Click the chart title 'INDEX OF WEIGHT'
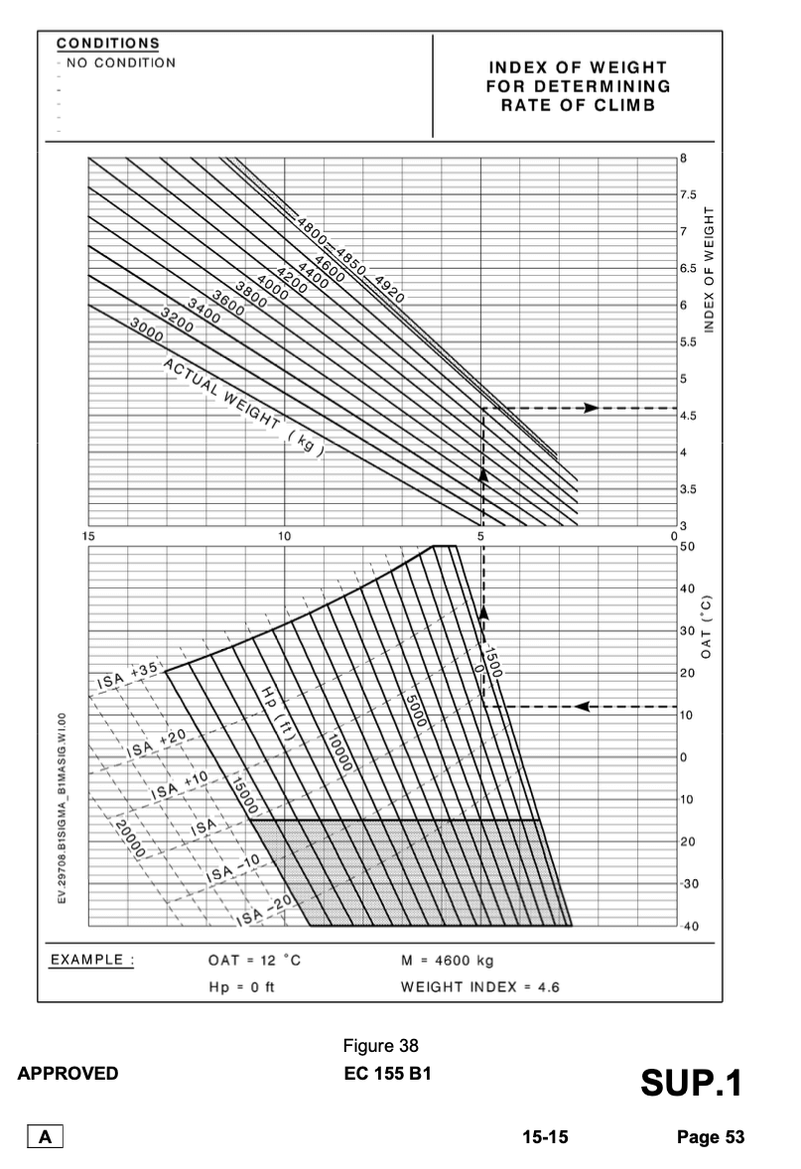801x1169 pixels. point(577,67)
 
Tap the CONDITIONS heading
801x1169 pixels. point(107,44)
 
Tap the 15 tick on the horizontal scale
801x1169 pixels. point(88,537)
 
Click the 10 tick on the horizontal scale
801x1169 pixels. point(285,537)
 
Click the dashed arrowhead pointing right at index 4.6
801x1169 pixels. point(591,408)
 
